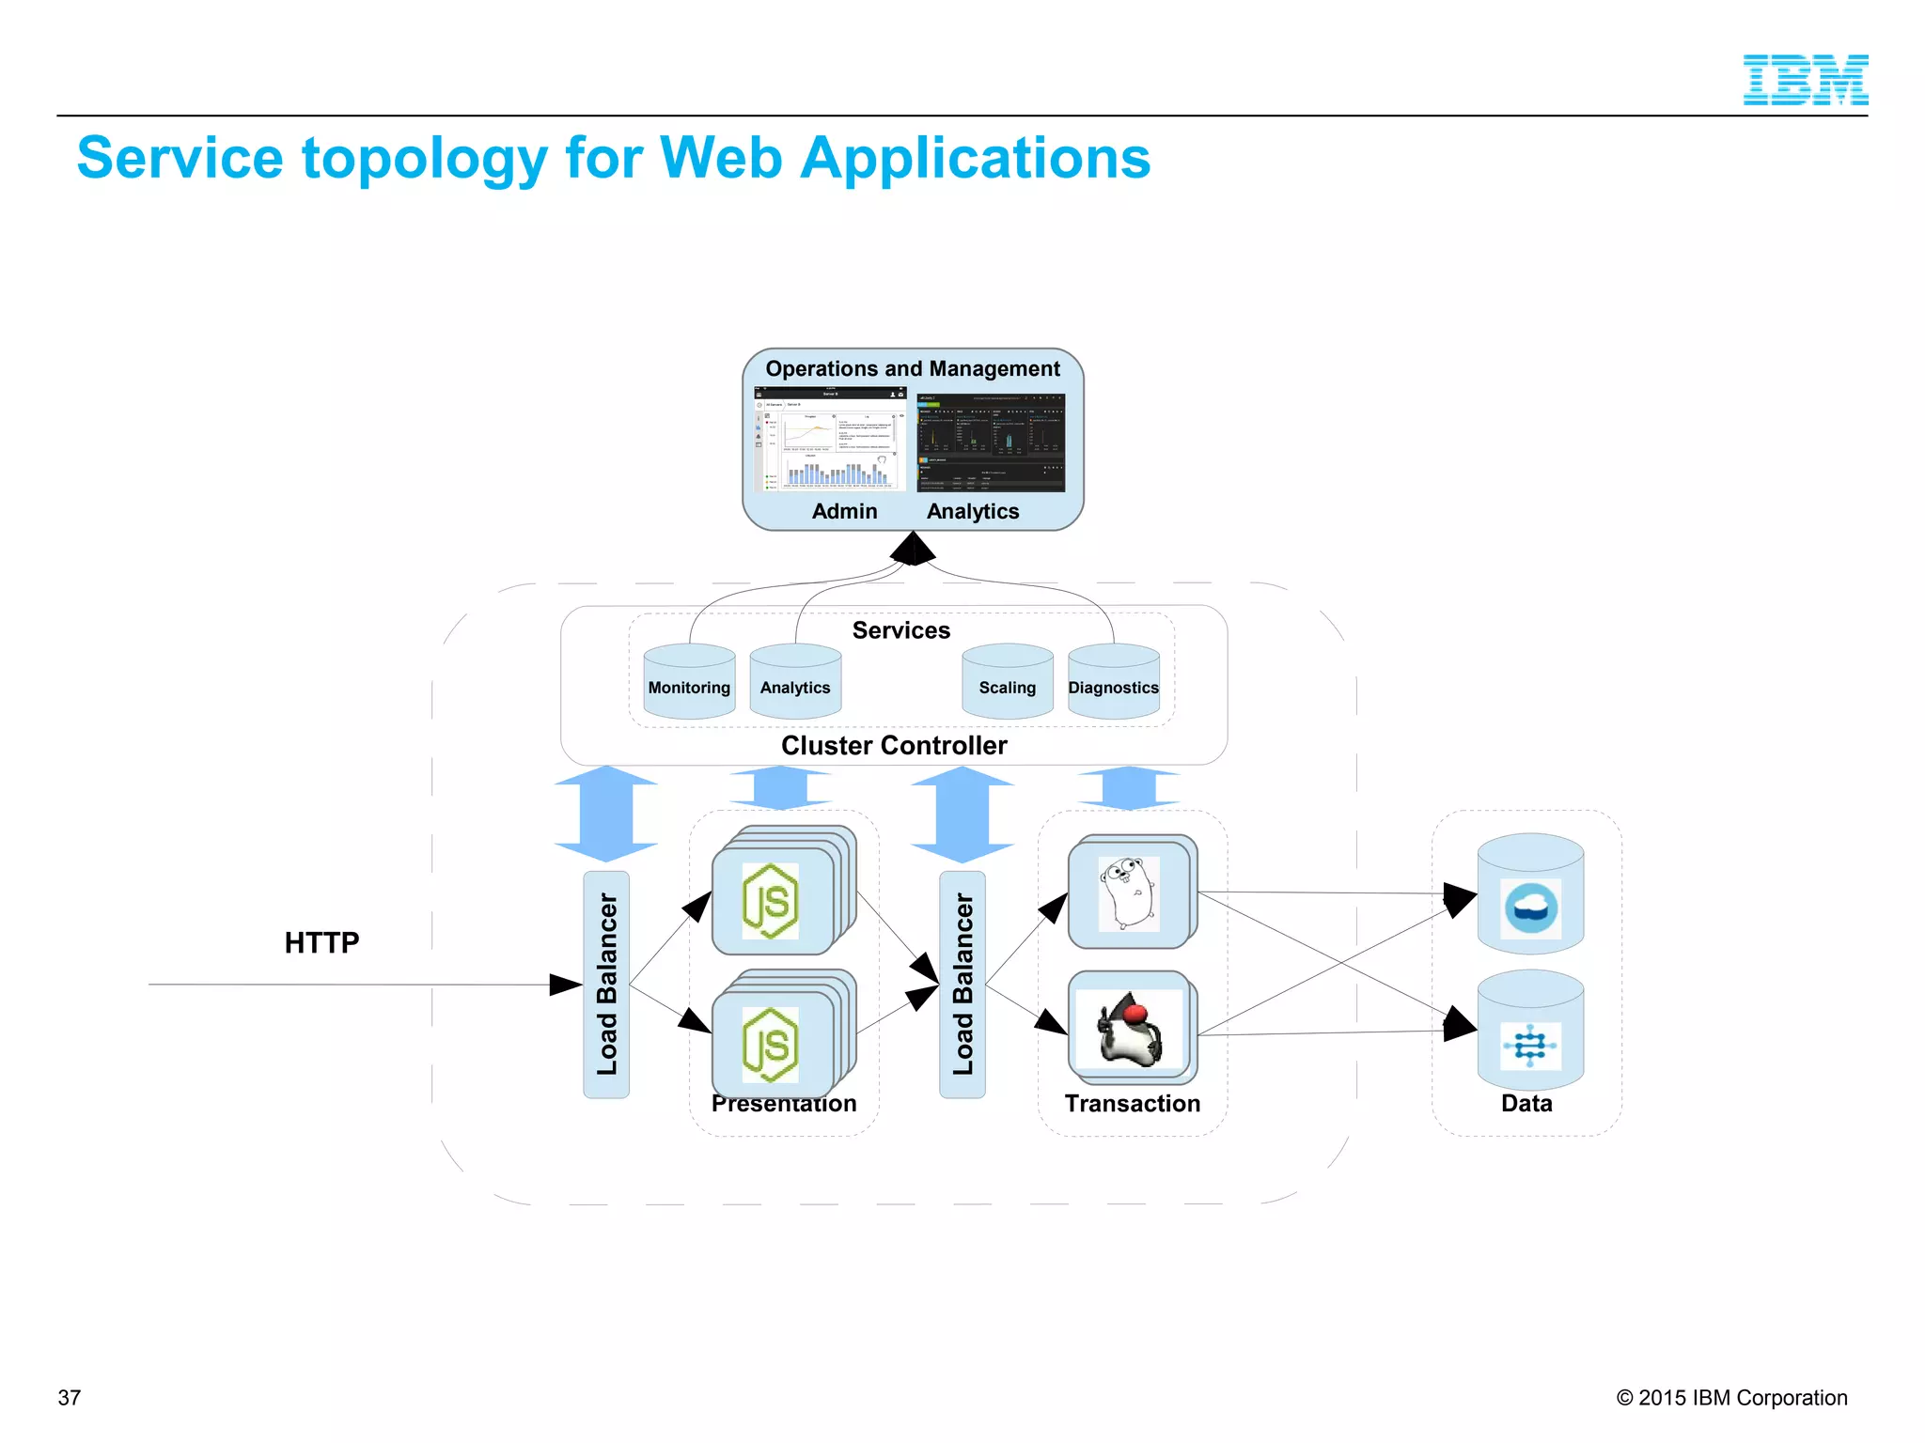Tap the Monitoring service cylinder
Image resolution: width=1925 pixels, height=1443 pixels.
coord(689,683)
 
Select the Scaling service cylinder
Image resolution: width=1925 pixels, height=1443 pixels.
coord(1007,683)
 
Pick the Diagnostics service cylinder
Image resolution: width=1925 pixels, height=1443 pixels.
coord(1114,683)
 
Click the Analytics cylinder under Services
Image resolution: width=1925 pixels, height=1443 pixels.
coord(795,683)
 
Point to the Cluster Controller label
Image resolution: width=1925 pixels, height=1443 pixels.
coord(894,746)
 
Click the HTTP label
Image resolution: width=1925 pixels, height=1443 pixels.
coord(321,942)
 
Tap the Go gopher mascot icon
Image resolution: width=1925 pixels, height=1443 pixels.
coord(1128,893)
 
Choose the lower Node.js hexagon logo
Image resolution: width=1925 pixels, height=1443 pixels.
coord(771,1045)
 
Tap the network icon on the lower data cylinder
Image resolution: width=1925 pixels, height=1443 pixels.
coord(1530,1046)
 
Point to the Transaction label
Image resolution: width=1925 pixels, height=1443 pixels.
coord(1133,1104)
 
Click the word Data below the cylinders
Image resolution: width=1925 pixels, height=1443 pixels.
coord(1526,1104)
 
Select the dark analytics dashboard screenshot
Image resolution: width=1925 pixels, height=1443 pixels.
coord(991,442)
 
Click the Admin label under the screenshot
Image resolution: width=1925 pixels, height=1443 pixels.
coord(844,512)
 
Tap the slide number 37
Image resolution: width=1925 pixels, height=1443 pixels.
coord(70,1398)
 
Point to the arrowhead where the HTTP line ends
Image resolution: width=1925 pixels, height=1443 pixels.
coord(566,985)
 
